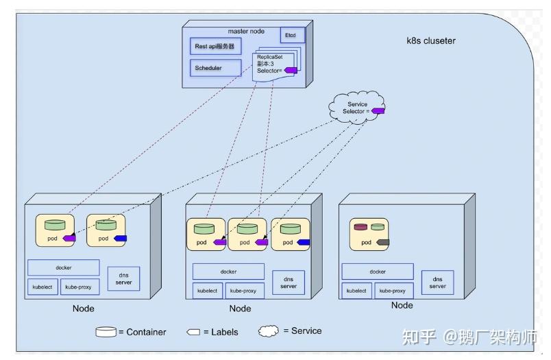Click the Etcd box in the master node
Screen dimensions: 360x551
[x=291, y=35]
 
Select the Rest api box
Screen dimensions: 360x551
[x=215, y=47]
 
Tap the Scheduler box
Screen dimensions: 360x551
[x=215, y=69]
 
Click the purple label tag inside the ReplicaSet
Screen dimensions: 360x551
[x=291, y=70]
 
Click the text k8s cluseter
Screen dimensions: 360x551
[x=431, y=41]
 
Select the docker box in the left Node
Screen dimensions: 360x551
[x=64, y=267]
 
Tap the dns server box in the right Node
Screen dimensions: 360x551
[x=438, y=283]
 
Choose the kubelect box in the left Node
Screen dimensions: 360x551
[x=42, y=287]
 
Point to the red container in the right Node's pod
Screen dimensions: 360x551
[x=360, y=227]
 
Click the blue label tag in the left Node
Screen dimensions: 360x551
[x=120, y=239]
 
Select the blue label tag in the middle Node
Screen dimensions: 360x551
[x=303, y=242]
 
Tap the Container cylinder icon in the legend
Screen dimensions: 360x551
[x=106, y=332]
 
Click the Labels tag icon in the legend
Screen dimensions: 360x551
[x=193, y=332]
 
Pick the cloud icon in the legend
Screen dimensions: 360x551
[x=269, y=331]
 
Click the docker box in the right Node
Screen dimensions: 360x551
[x=378, y=272]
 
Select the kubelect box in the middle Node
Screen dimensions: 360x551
[x=207, y=291]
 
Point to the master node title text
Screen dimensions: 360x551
[x=247, y=31]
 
